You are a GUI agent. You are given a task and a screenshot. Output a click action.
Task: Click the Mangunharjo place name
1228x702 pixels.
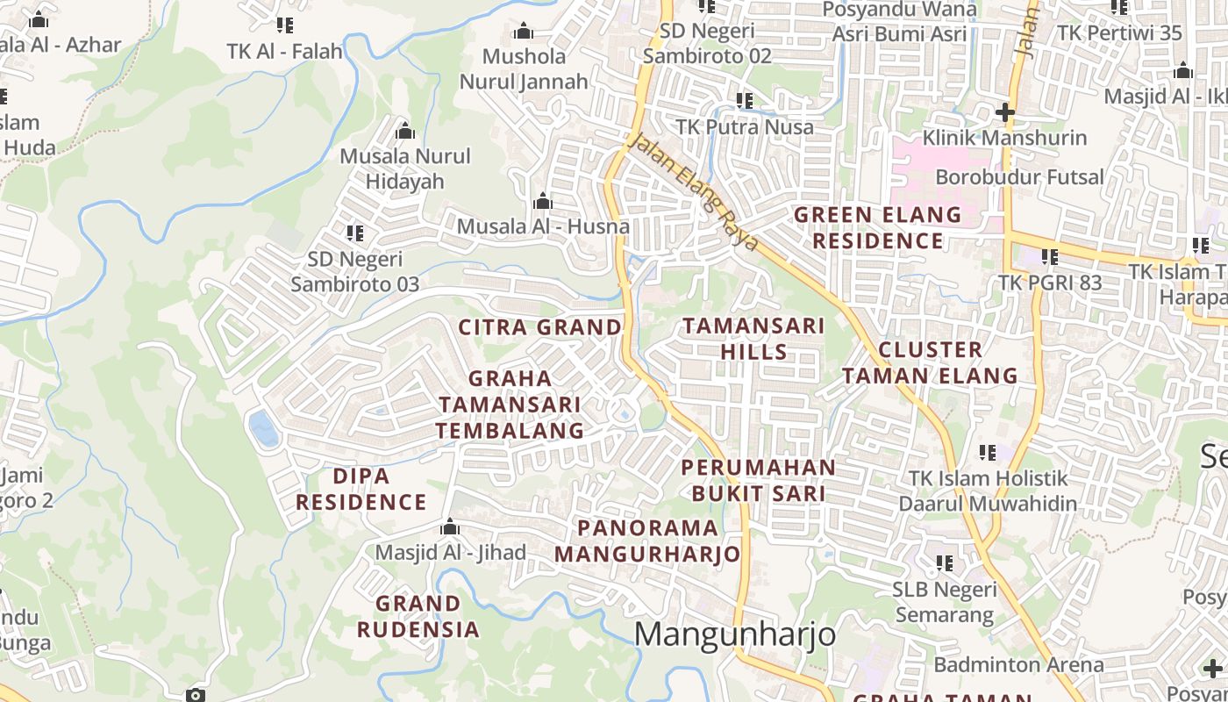[735, 634]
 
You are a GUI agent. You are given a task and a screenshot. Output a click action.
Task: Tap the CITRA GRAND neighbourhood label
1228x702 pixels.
[539, 327]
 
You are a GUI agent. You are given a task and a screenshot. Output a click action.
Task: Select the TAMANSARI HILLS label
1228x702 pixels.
[753, 339]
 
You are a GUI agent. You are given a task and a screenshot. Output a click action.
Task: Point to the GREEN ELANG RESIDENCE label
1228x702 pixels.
[877, 227]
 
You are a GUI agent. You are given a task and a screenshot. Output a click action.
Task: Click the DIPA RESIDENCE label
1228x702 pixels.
[361, 490]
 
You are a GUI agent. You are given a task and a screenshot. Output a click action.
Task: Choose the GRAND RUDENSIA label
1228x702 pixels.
[418, 616]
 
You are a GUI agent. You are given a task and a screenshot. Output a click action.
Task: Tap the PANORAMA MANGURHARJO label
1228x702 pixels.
[647, 541]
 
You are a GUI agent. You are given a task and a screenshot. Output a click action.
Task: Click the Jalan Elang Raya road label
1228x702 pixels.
[694, 191]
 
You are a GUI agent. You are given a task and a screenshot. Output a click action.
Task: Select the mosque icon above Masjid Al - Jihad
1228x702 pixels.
[450, 526]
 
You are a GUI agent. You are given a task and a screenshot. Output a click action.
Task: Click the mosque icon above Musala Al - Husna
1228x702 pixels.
[543, 202]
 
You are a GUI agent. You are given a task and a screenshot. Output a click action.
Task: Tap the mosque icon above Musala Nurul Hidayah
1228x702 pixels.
[405, 131]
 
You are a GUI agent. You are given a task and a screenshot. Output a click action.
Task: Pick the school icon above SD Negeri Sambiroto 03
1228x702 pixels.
[354, 233]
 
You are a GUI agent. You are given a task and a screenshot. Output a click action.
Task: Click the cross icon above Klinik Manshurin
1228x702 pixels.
[1005, 112]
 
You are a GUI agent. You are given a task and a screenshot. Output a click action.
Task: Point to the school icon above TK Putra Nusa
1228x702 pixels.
[745, 101]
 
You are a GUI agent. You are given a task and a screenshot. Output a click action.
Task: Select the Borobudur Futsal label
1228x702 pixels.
[1019, 177]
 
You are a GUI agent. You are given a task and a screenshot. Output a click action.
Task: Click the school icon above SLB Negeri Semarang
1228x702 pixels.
[944, 563]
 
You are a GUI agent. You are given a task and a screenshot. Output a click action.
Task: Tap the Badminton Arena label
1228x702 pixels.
[1017, 664]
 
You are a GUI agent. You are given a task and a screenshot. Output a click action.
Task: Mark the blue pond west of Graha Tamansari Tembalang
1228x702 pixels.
[263, 429]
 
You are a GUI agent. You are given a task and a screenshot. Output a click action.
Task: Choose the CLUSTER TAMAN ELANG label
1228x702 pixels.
[930, 362]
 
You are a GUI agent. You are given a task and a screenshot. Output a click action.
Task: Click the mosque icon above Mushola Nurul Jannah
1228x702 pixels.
[524, 32]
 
